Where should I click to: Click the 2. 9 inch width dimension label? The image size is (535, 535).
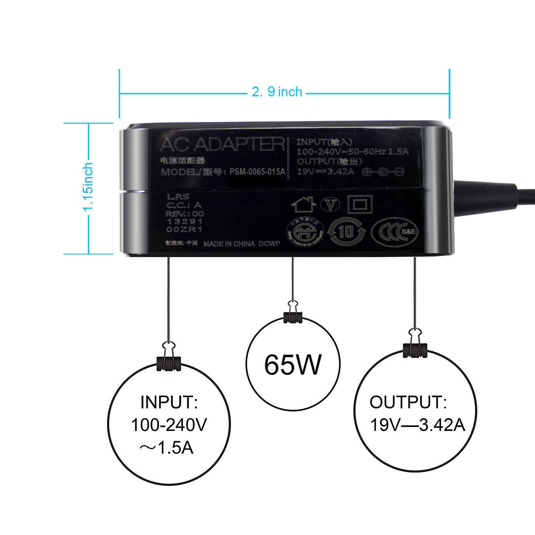[277, 92]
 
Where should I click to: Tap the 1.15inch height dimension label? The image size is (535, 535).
[88, 188]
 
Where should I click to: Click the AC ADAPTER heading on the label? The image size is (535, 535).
[222, 144]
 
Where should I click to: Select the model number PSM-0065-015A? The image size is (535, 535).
[257, 172]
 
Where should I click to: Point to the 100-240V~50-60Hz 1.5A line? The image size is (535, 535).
[352, 151]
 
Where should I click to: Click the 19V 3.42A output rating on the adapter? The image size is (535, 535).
[325, 171]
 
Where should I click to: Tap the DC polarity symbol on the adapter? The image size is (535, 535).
[384, 171]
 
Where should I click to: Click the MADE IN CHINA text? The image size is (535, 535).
[229, 244]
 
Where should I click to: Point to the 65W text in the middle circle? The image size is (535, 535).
[293, 364]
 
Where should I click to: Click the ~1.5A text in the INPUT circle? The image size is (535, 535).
[167, 448]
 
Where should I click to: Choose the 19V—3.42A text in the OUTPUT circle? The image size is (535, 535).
[418, 425]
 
